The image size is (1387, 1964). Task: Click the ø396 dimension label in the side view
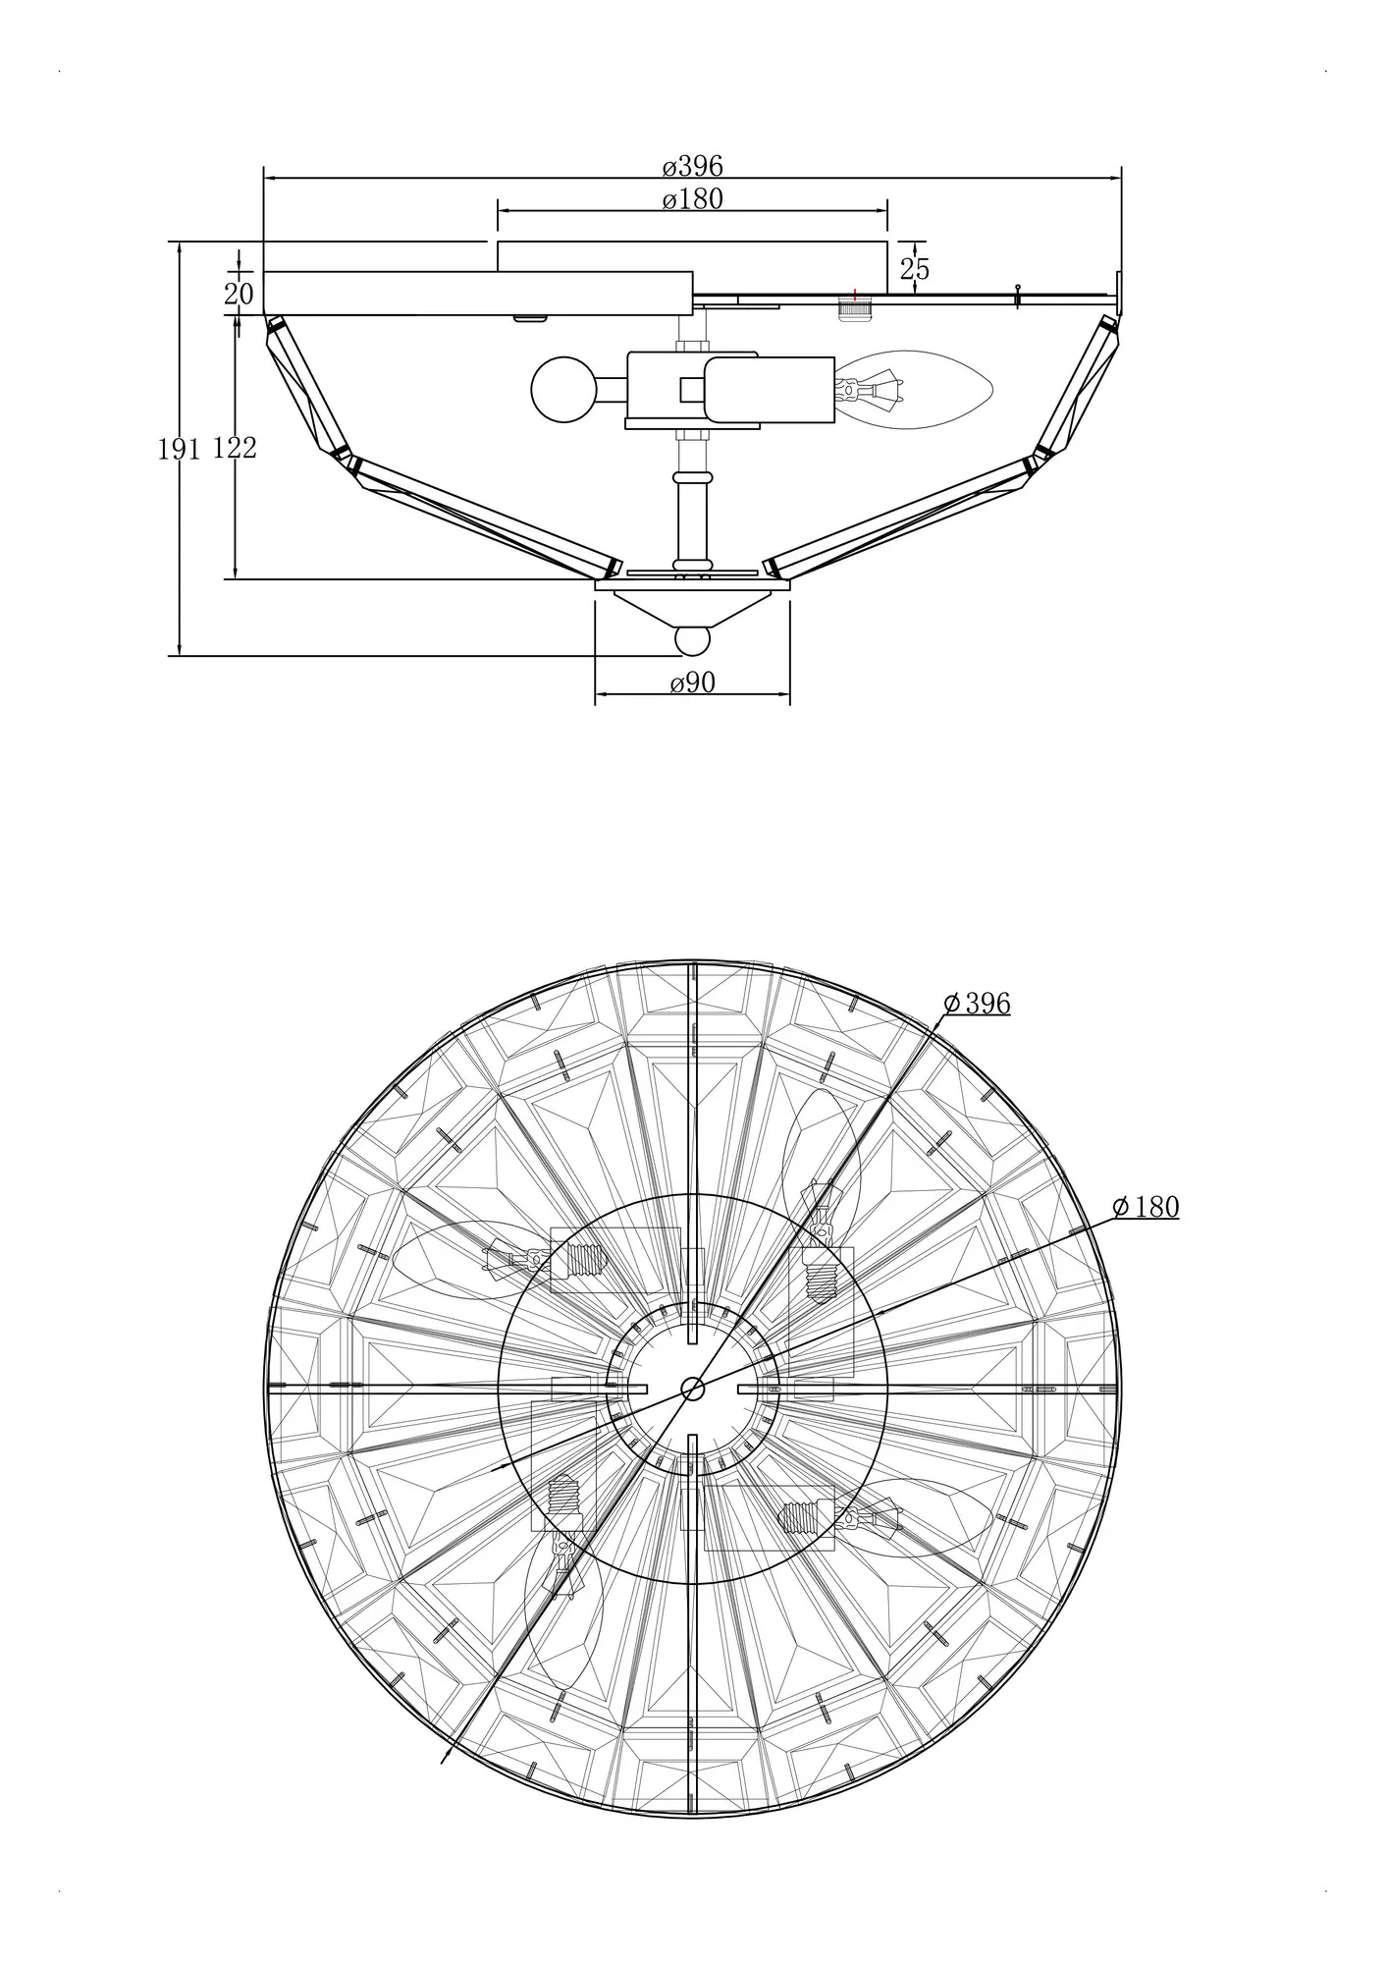[x=692, y=166]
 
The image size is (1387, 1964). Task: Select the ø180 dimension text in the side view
[x=692, y=199]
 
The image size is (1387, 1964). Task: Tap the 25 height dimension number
[x=914, y=269]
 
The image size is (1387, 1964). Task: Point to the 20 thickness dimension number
[x=239, y=294]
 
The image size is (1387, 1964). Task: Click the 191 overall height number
[x=180, y=449]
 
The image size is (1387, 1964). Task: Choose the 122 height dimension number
[x=235, y=448]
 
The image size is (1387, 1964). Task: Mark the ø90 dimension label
[x=692, y=682]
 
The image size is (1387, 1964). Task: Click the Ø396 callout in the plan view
[x=977, y=1003]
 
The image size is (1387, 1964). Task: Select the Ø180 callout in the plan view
[x=1146, y=1207]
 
